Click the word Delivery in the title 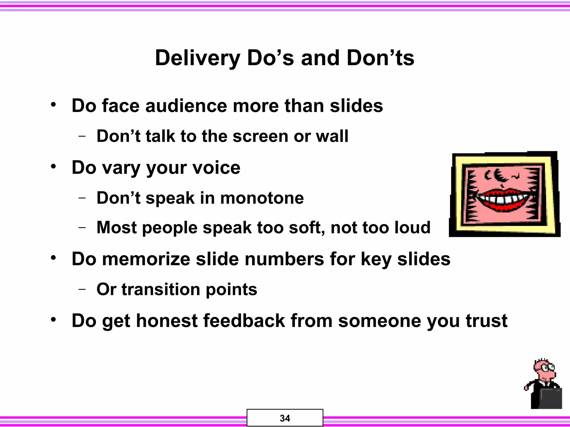click(197, 58)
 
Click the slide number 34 click(285, 418)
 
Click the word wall click(332, 136)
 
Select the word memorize click(146, 259)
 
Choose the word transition click(161, 289)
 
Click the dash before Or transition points click(82, 289)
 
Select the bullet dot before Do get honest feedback click(53, 320)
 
